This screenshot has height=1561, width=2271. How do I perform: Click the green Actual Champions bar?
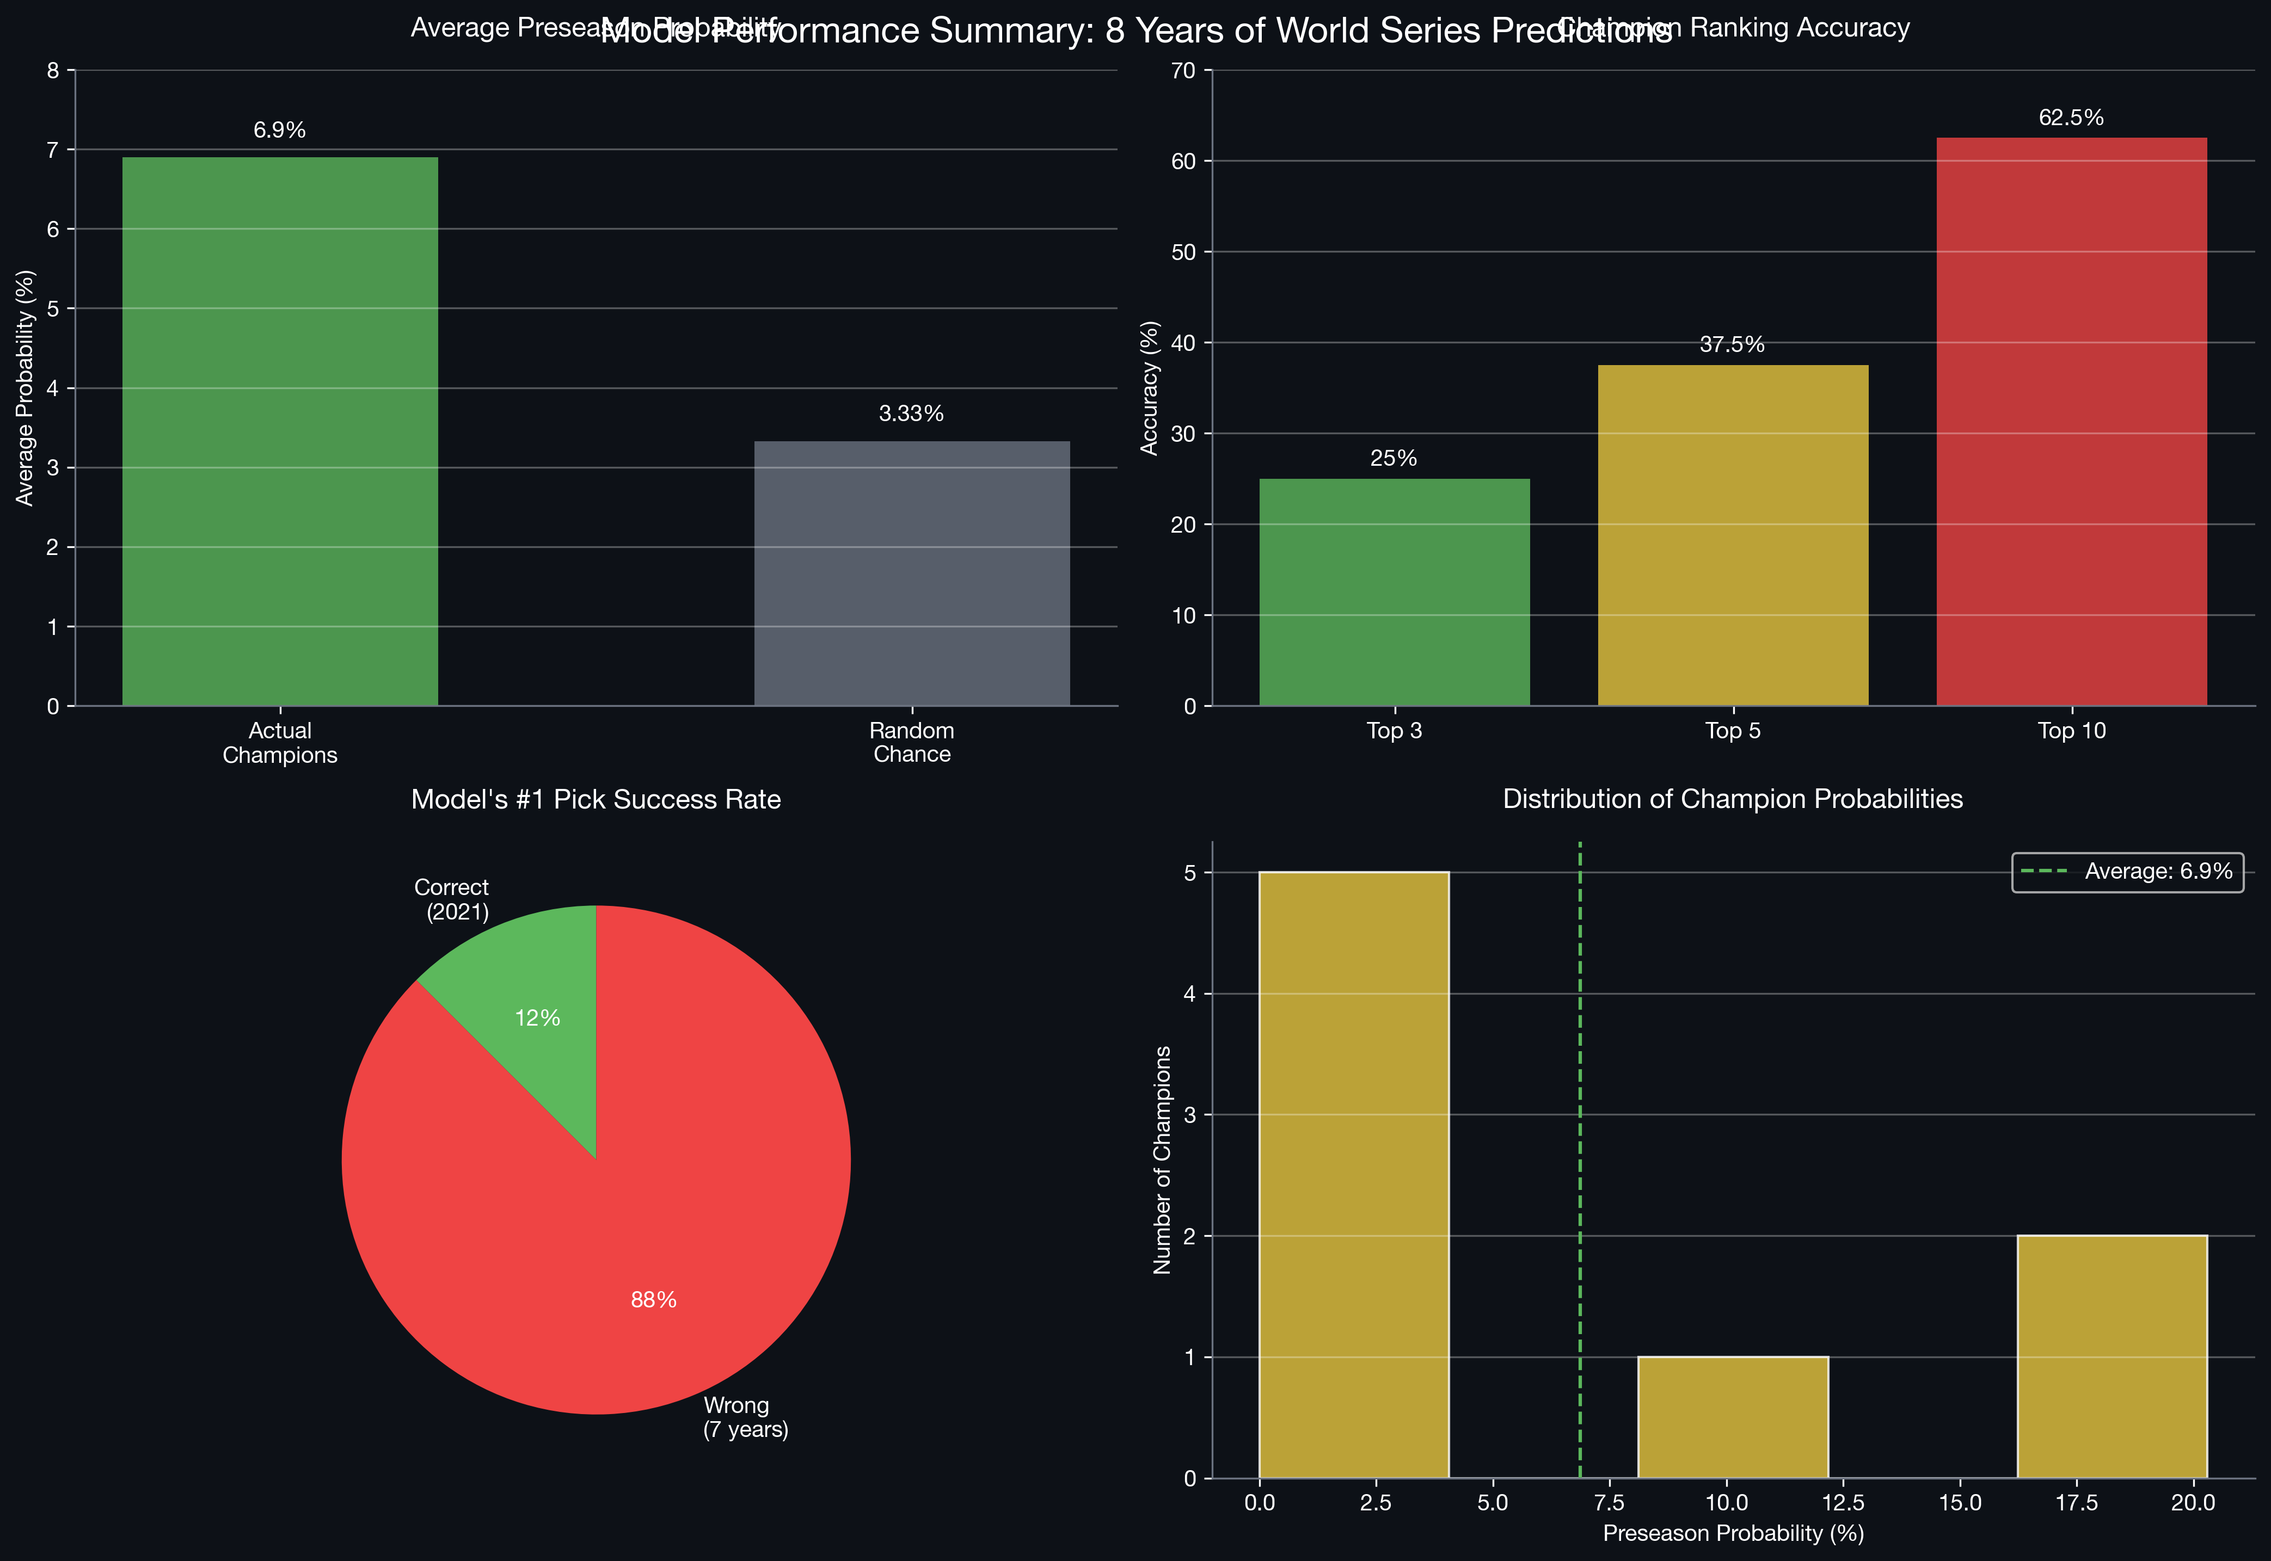pyautogui.click(x=280, y=430)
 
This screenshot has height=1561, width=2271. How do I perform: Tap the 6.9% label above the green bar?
pyautogui.click(x=280, y=130)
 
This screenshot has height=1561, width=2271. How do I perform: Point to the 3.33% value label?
pyautogui.click(x=911, y=414)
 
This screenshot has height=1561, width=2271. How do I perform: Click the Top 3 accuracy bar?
pyautogui.click(x=1394, y=592)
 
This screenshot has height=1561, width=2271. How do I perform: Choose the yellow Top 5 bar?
pyautogui.click(x=1732, y=535)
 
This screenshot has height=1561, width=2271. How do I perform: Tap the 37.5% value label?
pyautogui.click(x=1732, y=344)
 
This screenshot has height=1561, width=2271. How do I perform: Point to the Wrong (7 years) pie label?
pyautogui.click(x=746, y=1417)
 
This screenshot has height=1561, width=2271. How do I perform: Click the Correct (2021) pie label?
pyautogui.click(x=452, y=899)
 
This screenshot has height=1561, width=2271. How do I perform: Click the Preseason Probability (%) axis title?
pyautogui.click(x=1732, y=1533)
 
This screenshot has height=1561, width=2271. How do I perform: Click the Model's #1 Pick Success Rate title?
pyautogui.click(x=596, y=799)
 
